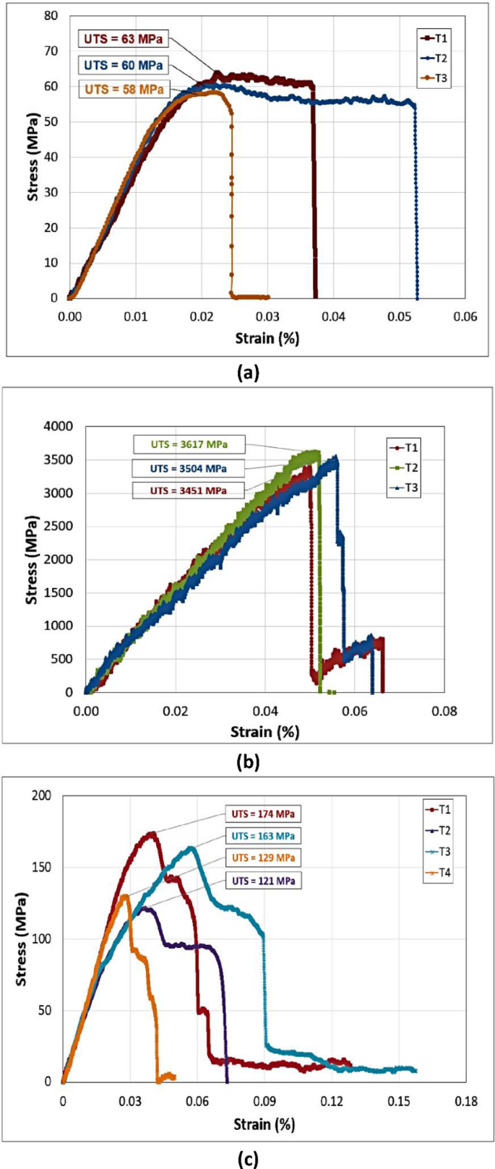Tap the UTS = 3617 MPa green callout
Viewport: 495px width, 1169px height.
pyautogui.click(x=189, y=444)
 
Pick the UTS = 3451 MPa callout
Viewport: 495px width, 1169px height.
pyautogui.click(x=188, y=491)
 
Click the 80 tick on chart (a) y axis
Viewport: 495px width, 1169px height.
pyautogui.click(x=50, y=15)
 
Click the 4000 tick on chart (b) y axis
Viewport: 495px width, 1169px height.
pyautogui.click(x=59, y=426)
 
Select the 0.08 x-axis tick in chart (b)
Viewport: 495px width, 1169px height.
pyautogui.click(x=444, y=711)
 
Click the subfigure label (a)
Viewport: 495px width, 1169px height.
pyautogui.click(x=247, y=373)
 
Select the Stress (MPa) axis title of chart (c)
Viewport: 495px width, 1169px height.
pyautogui.click(x=22, y=939)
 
